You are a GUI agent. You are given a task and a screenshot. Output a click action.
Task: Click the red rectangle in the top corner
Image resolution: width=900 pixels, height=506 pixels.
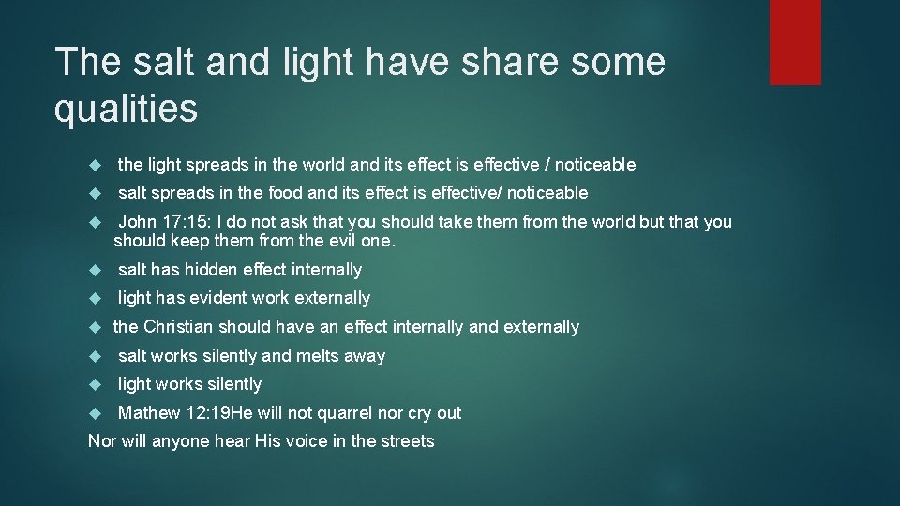pos(795,42)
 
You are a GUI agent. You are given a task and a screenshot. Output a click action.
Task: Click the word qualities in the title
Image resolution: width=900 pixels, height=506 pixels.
pos(126,109)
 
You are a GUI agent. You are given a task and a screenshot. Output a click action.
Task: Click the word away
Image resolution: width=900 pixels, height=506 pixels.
pos(365,356)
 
